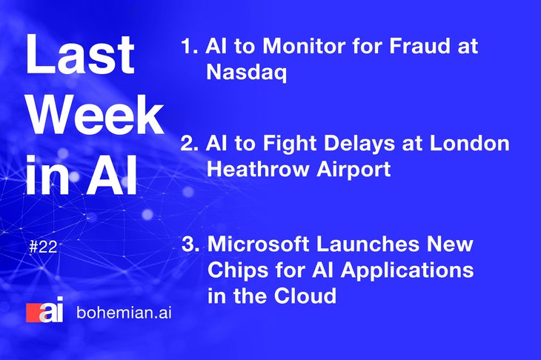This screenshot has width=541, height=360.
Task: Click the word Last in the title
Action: click(x=80, y=54)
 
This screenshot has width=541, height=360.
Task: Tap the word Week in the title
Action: click(x=96, y=114)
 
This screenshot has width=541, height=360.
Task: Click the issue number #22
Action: click(x=43, y=247)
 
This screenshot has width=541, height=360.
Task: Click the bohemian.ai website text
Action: click(x=124, y=313)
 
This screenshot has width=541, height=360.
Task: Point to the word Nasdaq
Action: click(x=246, y=73)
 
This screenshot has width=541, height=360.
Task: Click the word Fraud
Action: click(x=419, y=45)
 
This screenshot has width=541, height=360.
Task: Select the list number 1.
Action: click(x=190, y=46)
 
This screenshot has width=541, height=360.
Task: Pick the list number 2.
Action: click(x=190, y=143)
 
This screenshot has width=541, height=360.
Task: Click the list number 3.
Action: click(x=190, y=244)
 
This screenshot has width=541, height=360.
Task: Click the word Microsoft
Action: click(x=259, y=244)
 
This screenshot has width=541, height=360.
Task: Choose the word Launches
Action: click(x=368, y=244)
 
